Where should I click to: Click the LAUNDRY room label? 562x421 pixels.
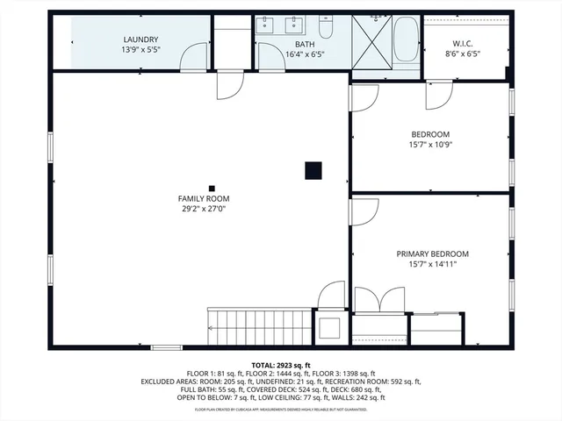pyautogui.click(x=140, y=39)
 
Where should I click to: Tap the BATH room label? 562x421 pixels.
pyautogui.click(x=305, y=44)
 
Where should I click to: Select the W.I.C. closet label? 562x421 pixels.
pyautogui.click(x=463, y=43)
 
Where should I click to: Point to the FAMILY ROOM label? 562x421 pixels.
pyautogui.click(x=204, y=199)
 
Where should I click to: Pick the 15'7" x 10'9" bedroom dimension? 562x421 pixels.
pyautogui.click(x=430, y=145)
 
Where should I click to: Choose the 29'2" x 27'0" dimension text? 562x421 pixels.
pyautogui.click(x=204, y=210)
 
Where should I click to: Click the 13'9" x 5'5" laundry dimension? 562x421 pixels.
pyautogui.click(x=140, y=50)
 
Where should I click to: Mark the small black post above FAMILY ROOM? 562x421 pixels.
pyautogui.click(x=212, y=187)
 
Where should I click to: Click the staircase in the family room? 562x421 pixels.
pyautogui.click(x=260, y=326)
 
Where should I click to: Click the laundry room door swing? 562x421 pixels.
pyautogui.click(x=193, y=58)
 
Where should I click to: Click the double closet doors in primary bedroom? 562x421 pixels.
pyautogui.click(x=379, y=300)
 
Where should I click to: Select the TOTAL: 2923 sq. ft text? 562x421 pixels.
pyautogui.click(x=281, y=365)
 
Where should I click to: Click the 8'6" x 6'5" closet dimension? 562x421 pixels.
pyautogui.click(x=463, y=54)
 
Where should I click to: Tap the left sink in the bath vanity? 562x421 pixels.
pyautogui.click(x=265, y=25)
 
